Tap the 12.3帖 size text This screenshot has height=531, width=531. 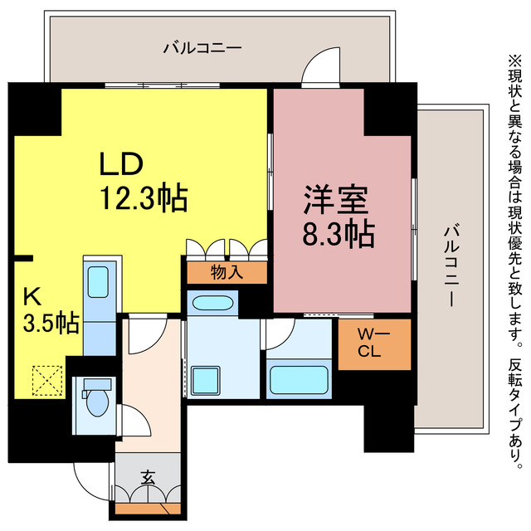143,198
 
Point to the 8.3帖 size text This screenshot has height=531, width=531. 339,235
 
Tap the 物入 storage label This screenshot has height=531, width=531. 227,272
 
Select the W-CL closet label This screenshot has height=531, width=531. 373,343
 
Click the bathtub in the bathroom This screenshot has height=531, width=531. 300,380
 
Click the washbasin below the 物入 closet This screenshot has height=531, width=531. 212,303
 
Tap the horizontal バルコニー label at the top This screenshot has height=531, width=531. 202,47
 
